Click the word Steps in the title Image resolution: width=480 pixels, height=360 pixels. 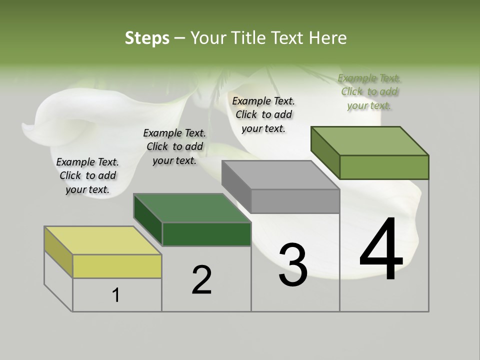tap(147, 38)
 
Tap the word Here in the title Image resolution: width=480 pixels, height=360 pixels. tap(328, 38)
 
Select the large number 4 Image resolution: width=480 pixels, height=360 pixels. tap(381, 250)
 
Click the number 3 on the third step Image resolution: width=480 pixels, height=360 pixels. tap(292, 265)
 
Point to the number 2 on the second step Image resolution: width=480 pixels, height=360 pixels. tap(201, 280)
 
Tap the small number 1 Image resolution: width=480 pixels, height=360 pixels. tap(116, 295)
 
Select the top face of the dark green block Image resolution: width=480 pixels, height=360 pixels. tap(191, 207)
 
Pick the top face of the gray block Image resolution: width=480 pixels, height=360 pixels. tap(280, 175)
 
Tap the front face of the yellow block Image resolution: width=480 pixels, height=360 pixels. tap(117, 266)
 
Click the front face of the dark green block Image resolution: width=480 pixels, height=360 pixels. tap(206, 234)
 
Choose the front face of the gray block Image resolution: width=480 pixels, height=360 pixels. tap(295, 201)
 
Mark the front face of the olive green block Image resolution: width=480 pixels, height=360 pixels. tap(384, 167)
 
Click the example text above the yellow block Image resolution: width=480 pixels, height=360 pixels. tap(87, 175)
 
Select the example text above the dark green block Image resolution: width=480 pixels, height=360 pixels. tap(174, 146)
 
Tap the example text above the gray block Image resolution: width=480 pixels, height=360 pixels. tap(263, 114)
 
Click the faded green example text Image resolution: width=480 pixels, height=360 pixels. tap(369, 91)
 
